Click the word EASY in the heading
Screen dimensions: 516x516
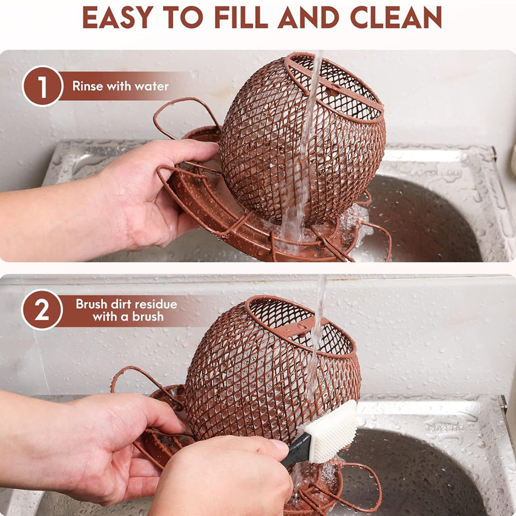118,17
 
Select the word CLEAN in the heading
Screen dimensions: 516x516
396,17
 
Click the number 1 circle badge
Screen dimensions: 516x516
42,86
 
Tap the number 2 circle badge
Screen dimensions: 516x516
42,310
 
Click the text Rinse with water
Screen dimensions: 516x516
120,86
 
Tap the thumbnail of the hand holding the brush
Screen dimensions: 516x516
279,445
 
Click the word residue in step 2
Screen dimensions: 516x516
156,304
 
